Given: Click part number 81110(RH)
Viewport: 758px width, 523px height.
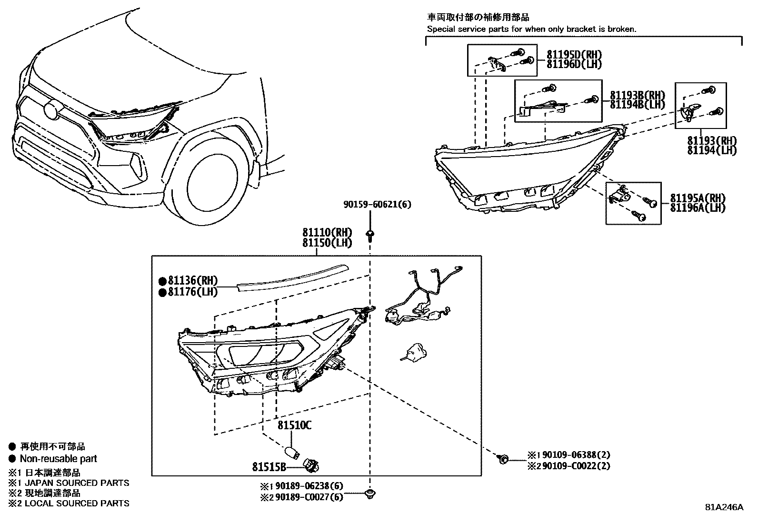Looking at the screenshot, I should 327,233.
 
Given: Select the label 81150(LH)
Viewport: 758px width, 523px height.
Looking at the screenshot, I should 327,243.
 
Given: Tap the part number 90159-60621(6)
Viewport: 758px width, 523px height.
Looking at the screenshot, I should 377,205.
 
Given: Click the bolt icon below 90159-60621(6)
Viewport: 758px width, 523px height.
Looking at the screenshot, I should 370,234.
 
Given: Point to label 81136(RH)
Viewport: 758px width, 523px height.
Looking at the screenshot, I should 192,281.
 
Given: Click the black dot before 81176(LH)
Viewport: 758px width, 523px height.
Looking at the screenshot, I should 162,292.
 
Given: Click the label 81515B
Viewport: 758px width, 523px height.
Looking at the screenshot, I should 269,467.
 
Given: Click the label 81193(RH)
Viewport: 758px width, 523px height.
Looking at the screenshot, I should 712,141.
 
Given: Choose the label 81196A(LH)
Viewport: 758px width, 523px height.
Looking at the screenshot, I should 698,208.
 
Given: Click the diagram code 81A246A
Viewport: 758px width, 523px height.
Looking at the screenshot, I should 724,507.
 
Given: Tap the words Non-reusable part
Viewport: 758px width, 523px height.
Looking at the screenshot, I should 58,459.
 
